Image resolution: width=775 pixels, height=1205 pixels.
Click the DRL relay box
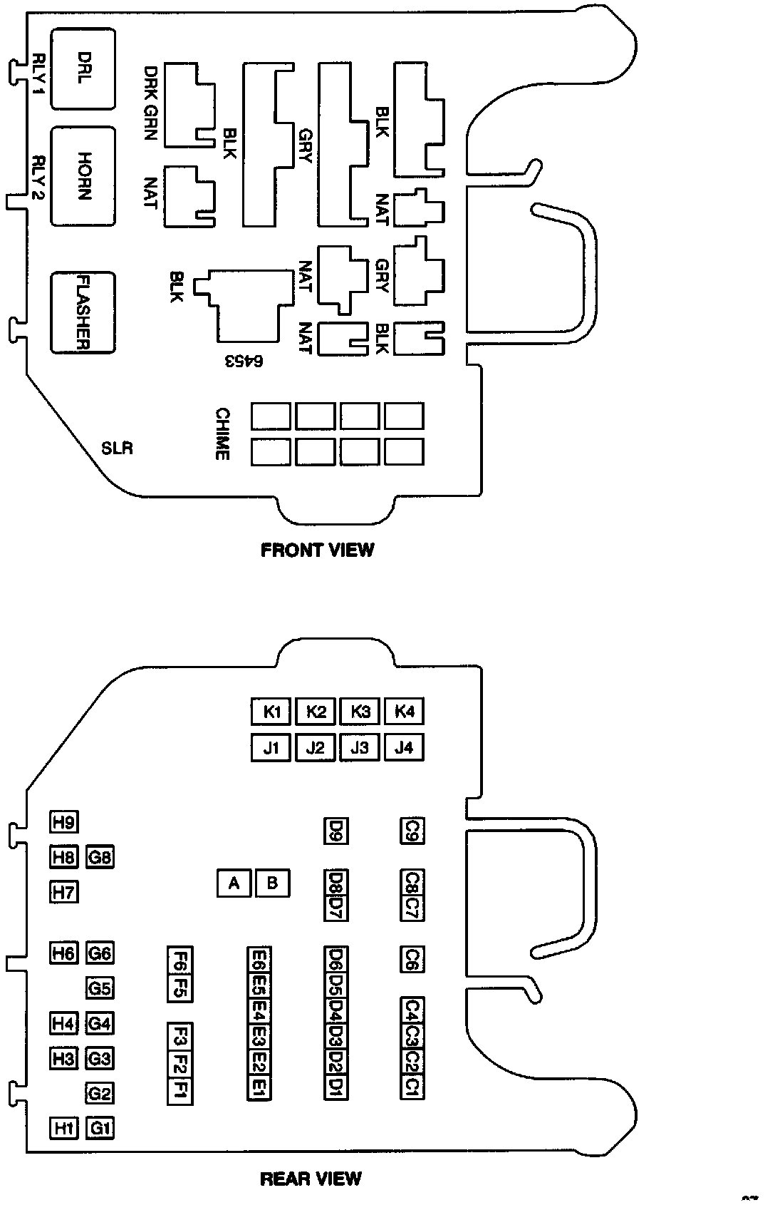point(83,68)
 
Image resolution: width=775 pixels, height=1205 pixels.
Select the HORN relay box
point(83,176)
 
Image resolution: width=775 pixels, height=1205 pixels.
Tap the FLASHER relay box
point(83,312)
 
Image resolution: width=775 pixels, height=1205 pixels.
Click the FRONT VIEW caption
point(317,550)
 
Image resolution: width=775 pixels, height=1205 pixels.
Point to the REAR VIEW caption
point(311,1179)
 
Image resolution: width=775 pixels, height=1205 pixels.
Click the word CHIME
point(222,434)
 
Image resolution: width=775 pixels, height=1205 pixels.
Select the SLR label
point(117,448)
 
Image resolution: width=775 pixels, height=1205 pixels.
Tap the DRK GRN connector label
point(150,103)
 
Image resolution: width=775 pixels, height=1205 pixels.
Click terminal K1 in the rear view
point(271,712)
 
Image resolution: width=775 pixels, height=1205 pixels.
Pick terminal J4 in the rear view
point(404,748)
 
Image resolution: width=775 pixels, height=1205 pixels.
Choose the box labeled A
point(234,883)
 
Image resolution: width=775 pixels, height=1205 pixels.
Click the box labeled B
point(272,883)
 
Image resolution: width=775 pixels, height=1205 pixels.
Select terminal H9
point(64,822)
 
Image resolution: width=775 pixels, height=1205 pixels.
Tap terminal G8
point(100,856)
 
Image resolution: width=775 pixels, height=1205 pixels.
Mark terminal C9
point(412,830)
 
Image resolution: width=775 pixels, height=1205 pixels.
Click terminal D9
point(336,830)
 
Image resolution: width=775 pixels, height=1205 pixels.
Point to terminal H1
point(64,1128)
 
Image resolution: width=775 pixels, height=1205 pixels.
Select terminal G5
point(100,988)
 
